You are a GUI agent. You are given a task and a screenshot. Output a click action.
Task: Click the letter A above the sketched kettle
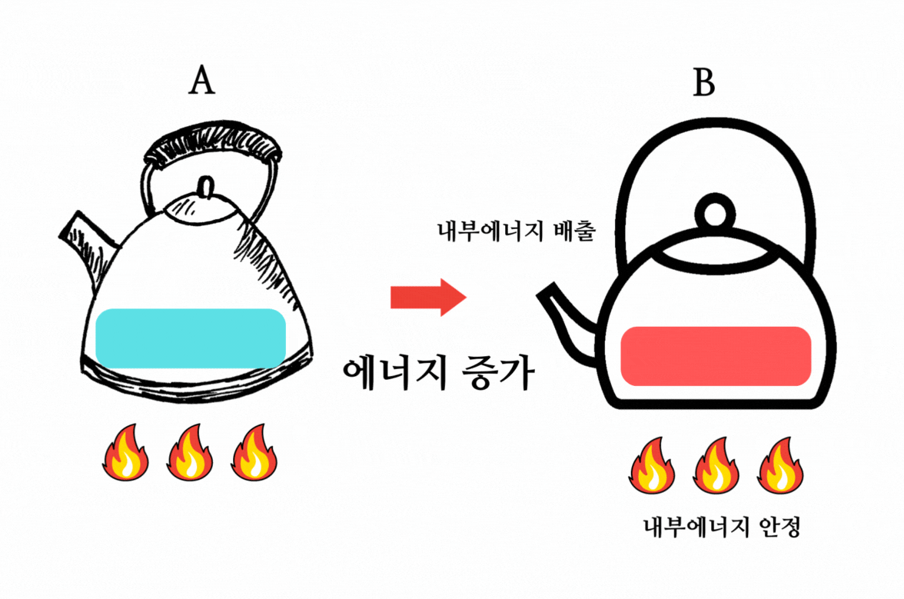(x=201, y=82)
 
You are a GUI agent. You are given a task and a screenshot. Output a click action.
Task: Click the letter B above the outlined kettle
(x=703, y=82)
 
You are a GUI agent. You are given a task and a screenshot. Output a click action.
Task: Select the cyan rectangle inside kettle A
(x=191, y=338)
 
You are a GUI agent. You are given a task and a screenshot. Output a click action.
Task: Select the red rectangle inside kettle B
(x=716, y=356)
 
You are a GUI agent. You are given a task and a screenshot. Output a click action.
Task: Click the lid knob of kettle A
(x=206, y=186)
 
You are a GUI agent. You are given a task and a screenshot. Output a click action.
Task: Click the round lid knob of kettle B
(x=716, y=210)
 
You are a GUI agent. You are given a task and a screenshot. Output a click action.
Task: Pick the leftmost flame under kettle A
(x=125, y=454)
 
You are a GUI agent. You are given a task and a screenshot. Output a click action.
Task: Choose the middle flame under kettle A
(x=190, y=454)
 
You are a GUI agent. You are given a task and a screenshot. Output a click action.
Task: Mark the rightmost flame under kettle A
(x=254, y=454)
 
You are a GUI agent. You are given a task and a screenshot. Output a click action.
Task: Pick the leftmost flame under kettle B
(x=652, y=466)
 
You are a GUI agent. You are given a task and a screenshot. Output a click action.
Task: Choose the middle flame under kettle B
(x=716, y=466)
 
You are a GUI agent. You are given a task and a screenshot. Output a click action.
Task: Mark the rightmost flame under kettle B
(x=780, y=466)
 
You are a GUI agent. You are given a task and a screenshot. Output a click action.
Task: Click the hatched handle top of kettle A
(x=211, y=144)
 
